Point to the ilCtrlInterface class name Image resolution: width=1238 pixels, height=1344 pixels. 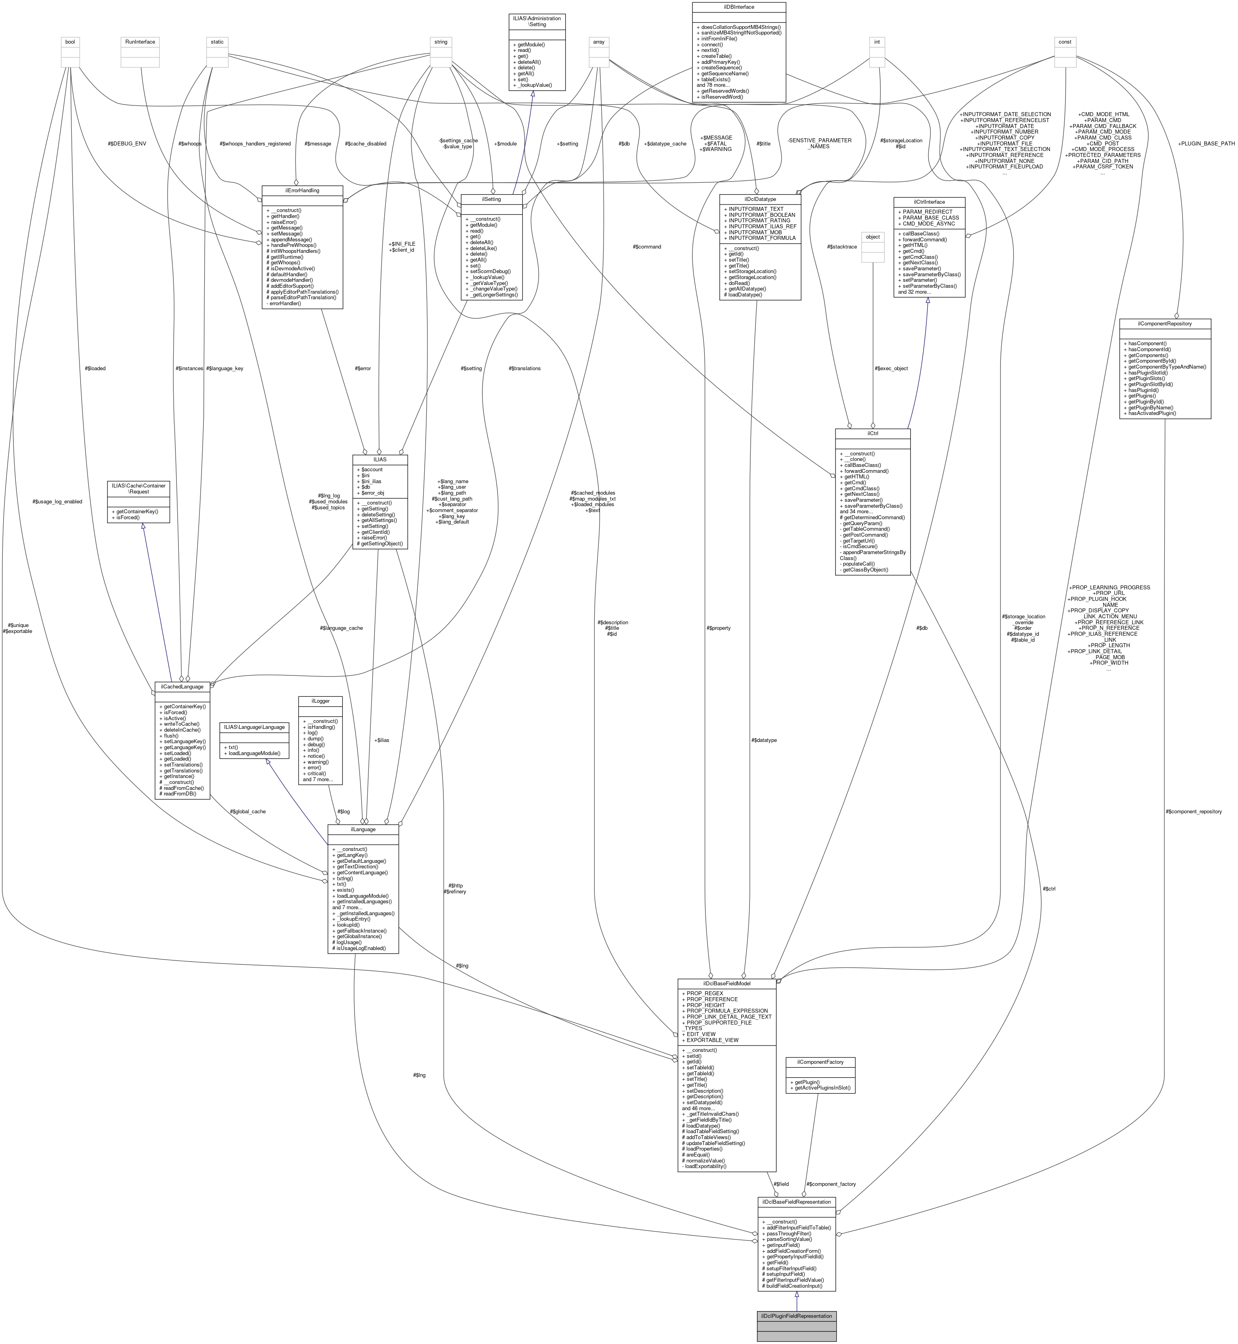coord(929,202)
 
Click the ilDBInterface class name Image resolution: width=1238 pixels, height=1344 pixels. coord(738,7)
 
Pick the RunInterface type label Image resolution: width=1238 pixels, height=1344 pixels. coord(140,42)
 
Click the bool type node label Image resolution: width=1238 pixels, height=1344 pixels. coord(70,42)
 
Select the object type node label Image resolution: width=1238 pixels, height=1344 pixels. coord(872,236)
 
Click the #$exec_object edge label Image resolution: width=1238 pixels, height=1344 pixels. coord(891,368)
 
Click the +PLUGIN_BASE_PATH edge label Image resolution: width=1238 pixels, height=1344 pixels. coord(1206,143)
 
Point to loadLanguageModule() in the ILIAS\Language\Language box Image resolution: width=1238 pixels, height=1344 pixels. coord(256,753)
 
